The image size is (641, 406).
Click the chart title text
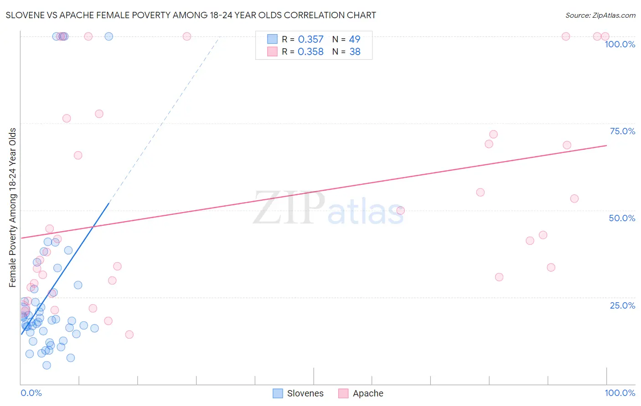click(191, 15)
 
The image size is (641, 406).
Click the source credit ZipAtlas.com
click(600, 15)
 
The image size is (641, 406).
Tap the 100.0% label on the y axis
click(620, 44)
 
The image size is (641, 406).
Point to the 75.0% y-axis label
click(622, 131)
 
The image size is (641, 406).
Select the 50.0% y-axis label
click(622, 218)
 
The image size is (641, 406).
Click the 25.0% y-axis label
click(622, 305)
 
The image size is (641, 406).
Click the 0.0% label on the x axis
click(31, 393)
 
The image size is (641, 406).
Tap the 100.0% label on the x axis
click(620, 393)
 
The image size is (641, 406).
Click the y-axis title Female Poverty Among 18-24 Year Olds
click(13, 208)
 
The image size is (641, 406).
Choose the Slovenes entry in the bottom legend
click(305, 393)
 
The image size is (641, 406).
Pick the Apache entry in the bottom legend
click(368, 393)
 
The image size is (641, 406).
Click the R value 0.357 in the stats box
click(310, 40)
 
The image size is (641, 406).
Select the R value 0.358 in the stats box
click(310, 52)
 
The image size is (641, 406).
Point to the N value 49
click(355, 40)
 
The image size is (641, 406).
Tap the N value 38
click(355, 52)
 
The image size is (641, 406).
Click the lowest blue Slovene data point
click(47, 365)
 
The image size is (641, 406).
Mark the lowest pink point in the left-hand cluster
click(129, 335)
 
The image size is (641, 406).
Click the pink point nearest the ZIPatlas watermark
click(400, 210)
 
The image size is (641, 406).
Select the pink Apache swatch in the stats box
click(272, 51)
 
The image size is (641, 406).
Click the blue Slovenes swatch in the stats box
click(272, 39)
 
